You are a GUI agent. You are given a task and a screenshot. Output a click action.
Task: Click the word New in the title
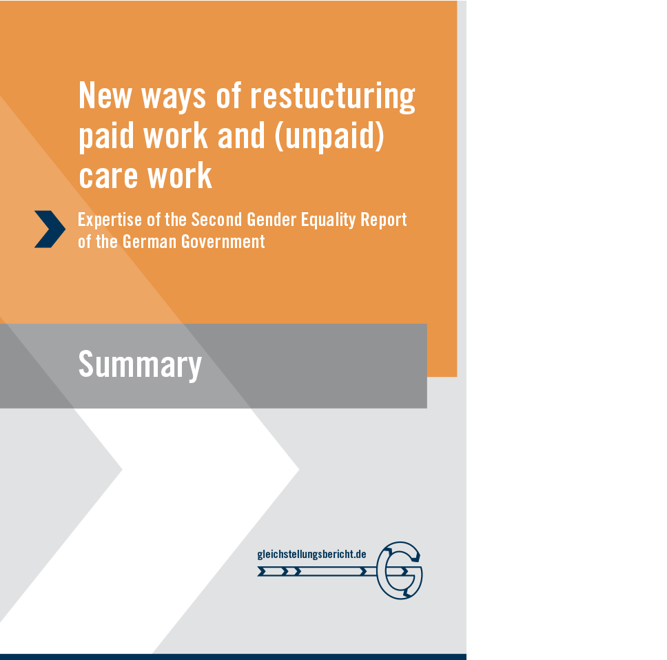[105, 96]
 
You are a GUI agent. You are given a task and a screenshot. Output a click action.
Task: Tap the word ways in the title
[173, 99]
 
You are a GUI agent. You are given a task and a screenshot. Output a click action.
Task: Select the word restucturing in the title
[333, 97]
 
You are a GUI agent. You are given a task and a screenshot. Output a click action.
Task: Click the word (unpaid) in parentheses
[329, 136]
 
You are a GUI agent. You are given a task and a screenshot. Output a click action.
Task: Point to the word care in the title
[108, 176]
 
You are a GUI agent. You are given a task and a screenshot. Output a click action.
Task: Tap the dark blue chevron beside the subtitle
[50, 229]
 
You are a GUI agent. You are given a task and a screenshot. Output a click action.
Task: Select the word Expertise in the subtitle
[110, 220]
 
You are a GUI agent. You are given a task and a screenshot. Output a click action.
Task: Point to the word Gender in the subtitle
[271, 220]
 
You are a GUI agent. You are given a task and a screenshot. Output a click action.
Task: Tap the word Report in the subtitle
[384, 220]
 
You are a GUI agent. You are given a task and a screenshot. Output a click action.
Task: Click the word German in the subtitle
[150, 242]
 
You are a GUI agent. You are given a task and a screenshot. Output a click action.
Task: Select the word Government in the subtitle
[223, 242]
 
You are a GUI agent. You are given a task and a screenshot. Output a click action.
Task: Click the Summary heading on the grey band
[140, 365]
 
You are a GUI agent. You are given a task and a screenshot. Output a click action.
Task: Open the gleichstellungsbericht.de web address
[312, 555]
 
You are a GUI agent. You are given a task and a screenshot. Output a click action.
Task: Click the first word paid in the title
[106, 136]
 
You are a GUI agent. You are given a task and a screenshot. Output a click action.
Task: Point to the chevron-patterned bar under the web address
[317, 571]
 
